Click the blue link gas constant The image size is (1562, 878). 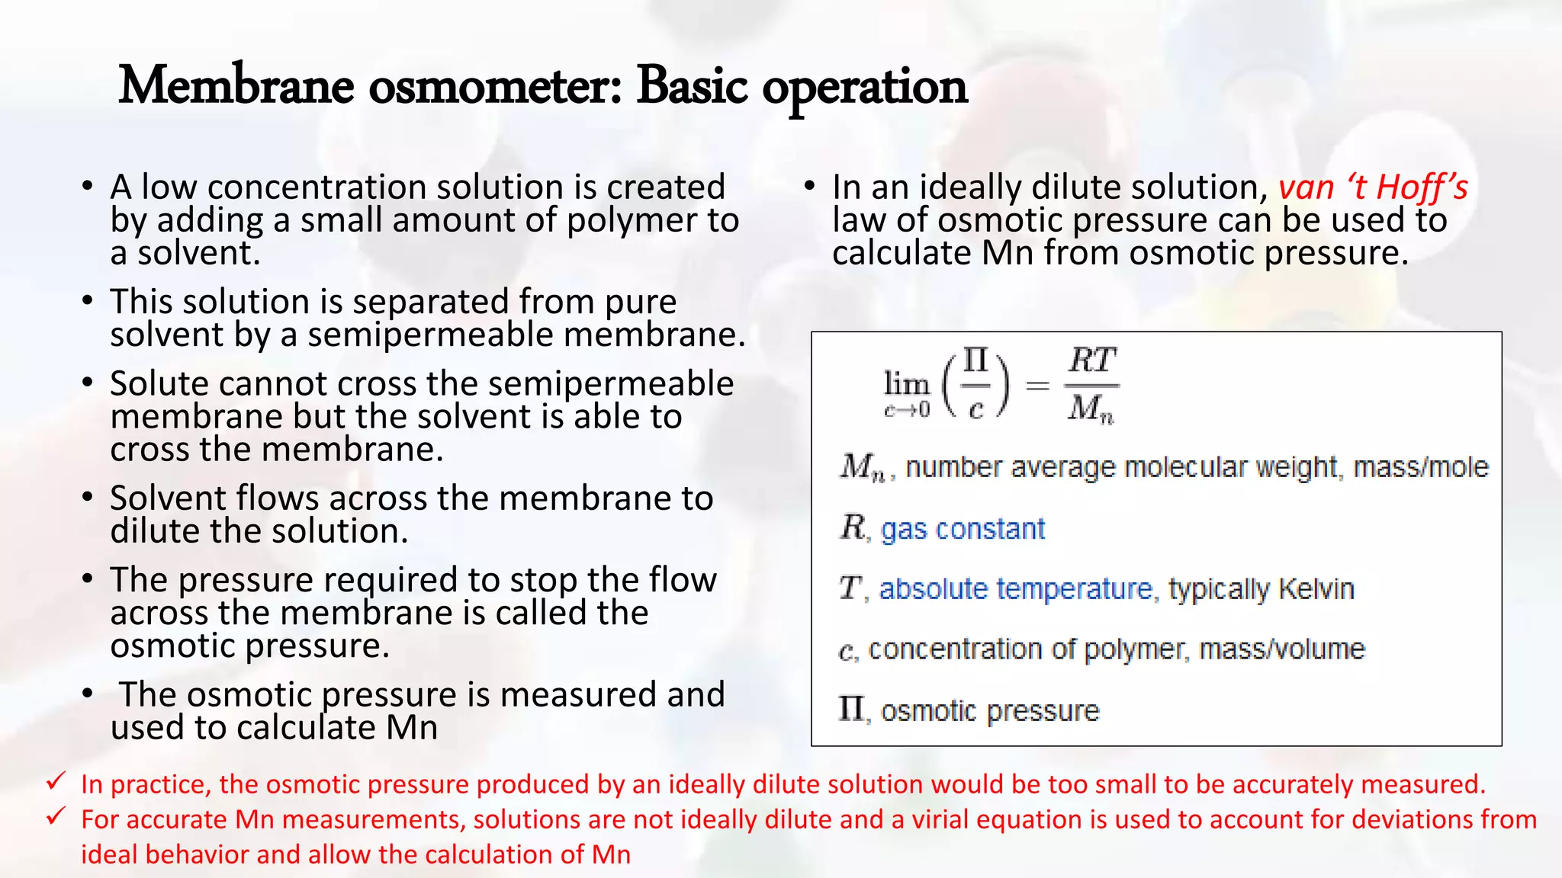963,529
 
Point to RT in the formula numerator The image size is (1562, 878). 1091,360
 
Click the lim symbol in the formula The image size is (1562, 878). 906,383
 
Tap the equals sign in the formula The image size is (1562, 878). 1037,386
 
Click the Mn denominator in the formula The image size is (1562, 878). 1091,409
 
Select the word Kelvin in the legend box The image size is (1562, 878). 1316,589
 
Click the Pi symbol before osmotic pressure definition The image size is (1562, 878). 851,709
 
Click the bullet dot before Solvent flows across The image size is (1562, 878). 88,498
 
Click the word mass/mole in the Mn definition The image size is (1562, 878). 1420,466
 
